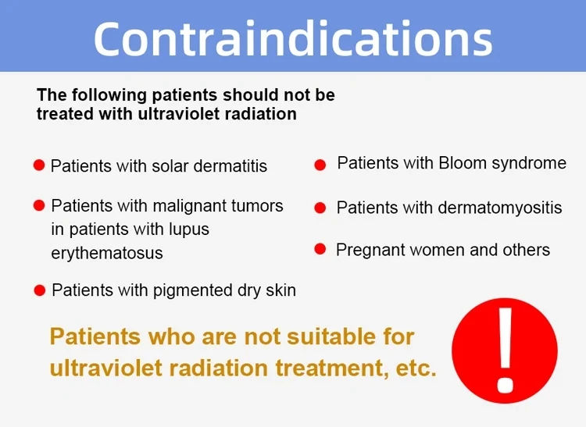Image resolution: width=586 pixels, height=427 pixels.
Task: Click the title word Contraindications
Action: [293, 37]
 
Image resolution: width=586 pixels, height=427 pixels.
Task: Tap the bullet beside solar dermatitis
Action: [38, 165]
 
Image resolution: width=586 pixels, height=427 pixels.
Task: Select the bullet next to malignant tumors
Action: [38, 205]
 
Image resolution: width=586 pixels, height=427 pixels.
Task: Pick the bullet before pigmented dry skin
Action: [39, 290]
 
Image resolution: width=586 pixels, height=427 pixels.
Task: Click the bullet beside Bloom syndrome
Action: [320, 165]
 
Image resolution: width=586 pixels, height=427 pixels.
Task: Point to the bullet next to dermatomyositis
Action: [320, 208]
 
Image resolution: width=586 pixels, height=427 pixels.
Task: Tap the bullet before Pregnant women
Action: [320, 249]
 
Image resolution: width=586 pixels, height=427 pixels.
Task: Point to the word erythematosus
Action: [107, 254]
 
